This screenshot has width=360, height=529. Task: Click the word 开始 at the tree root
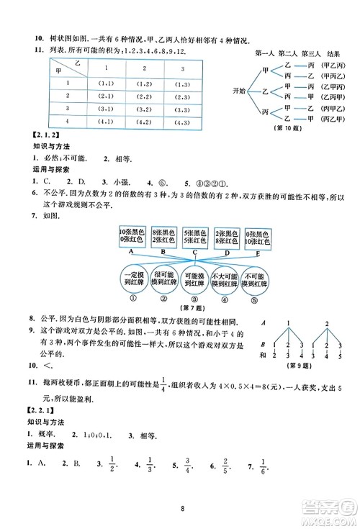[243, 91]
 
